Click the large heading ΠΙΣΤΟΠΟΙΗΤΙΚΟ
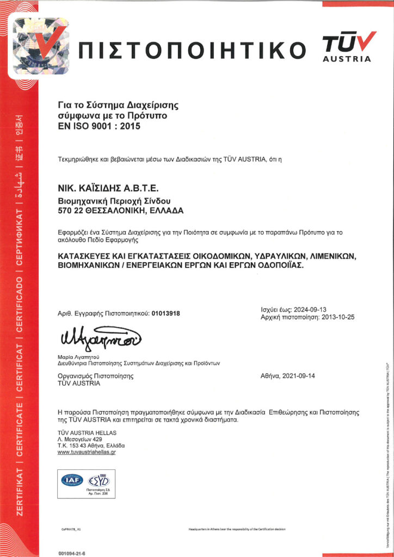pos(193,49)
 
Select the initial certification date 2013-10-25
pos(337,317)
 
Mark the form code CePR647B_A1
pos(71,528)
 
